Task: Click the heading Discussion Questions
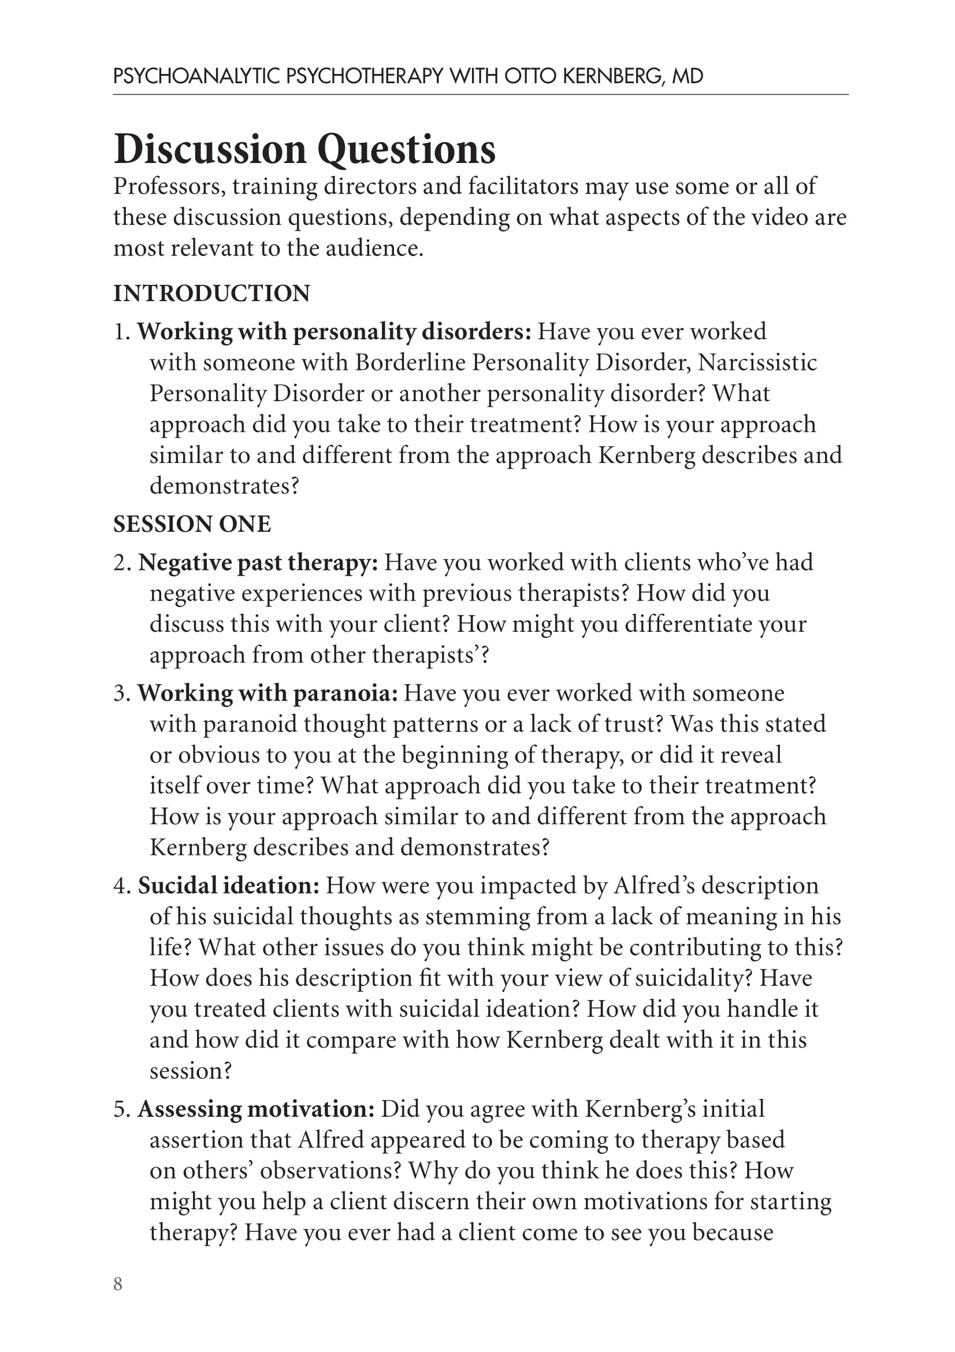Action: pos(304,149)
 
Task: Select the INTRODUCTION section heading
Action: pos(211,293)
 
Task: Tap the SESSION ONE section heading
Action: pos(192,524)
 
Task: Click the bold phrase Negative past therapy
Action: pos(258,562)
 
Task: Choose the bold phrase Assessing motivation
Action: pos(256,1109)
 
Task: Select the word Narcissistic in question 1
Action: pos(757,363)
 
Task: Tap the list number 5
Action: pos(121,1109)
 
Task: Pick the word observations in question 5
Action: pos(330,1171)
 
